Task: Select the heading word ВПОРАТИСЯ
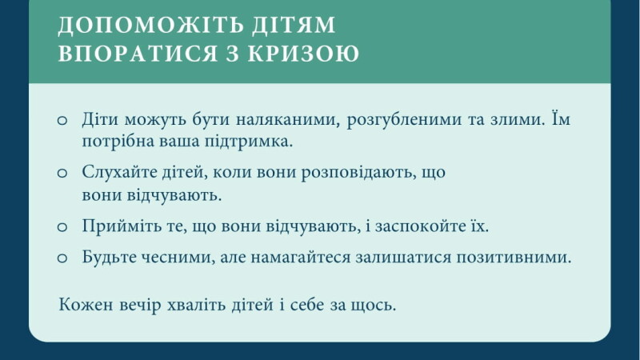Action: coord(138,54)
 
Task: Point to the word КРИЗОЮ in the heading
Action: coord(304,53)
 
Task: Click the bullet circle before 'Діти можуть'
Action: coord(62,121)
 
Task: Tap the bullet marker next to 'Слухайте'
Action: coord(62,173)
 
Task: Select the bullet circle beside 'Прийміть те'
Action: coord(62,226)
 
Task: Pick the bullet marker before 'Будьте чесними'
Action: coord(62,258)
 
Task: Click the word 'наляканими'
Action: coord(288,119)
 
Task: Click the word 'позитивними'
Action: coord(514,258)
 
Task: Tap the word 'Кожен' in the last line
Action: coord(86,305)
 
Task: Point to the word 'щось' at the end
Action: coord(373,306)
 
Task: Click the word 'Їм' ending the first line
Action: coord(561,118)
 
